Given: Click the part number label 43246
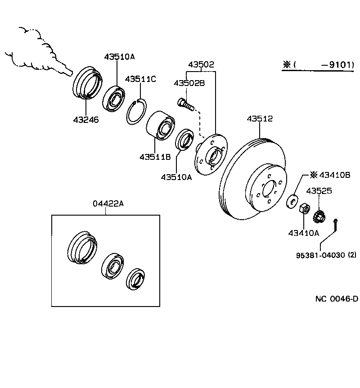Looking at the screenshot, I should [85, 120].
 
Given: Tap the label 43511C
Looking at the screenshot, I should [140, 79].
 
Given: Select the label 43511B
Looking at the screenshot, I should [155, 157].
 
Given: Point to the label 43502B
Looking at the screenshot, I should [189, 83].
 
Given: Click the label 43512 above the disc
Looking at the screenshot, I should [260, 119].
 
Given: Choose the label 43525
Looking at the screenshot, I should [319, 191].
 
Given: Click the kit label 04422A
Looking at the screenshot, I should [108, 203].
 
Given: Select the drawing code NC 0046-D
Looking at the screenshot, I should [336, 298].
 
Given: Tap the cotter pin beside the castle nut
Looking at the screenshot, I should [336, 225].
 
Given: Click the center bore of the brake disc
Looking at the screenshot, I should [268, 189].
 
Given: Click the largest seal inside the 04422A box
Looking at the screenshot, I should [82, 247].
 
